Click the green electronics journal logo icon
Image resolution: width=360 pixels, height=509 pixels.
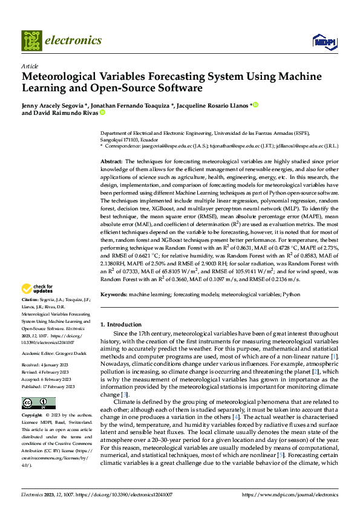[x=30, y=41]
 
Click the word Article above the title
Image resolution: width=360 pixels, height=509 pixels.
[x=30, y=66]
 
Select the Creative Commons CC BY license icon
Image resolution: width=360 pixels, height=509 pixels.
[x=39, y=386]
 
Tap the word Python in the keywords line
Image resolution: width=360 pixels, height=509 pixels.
[x=291, y=294]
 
